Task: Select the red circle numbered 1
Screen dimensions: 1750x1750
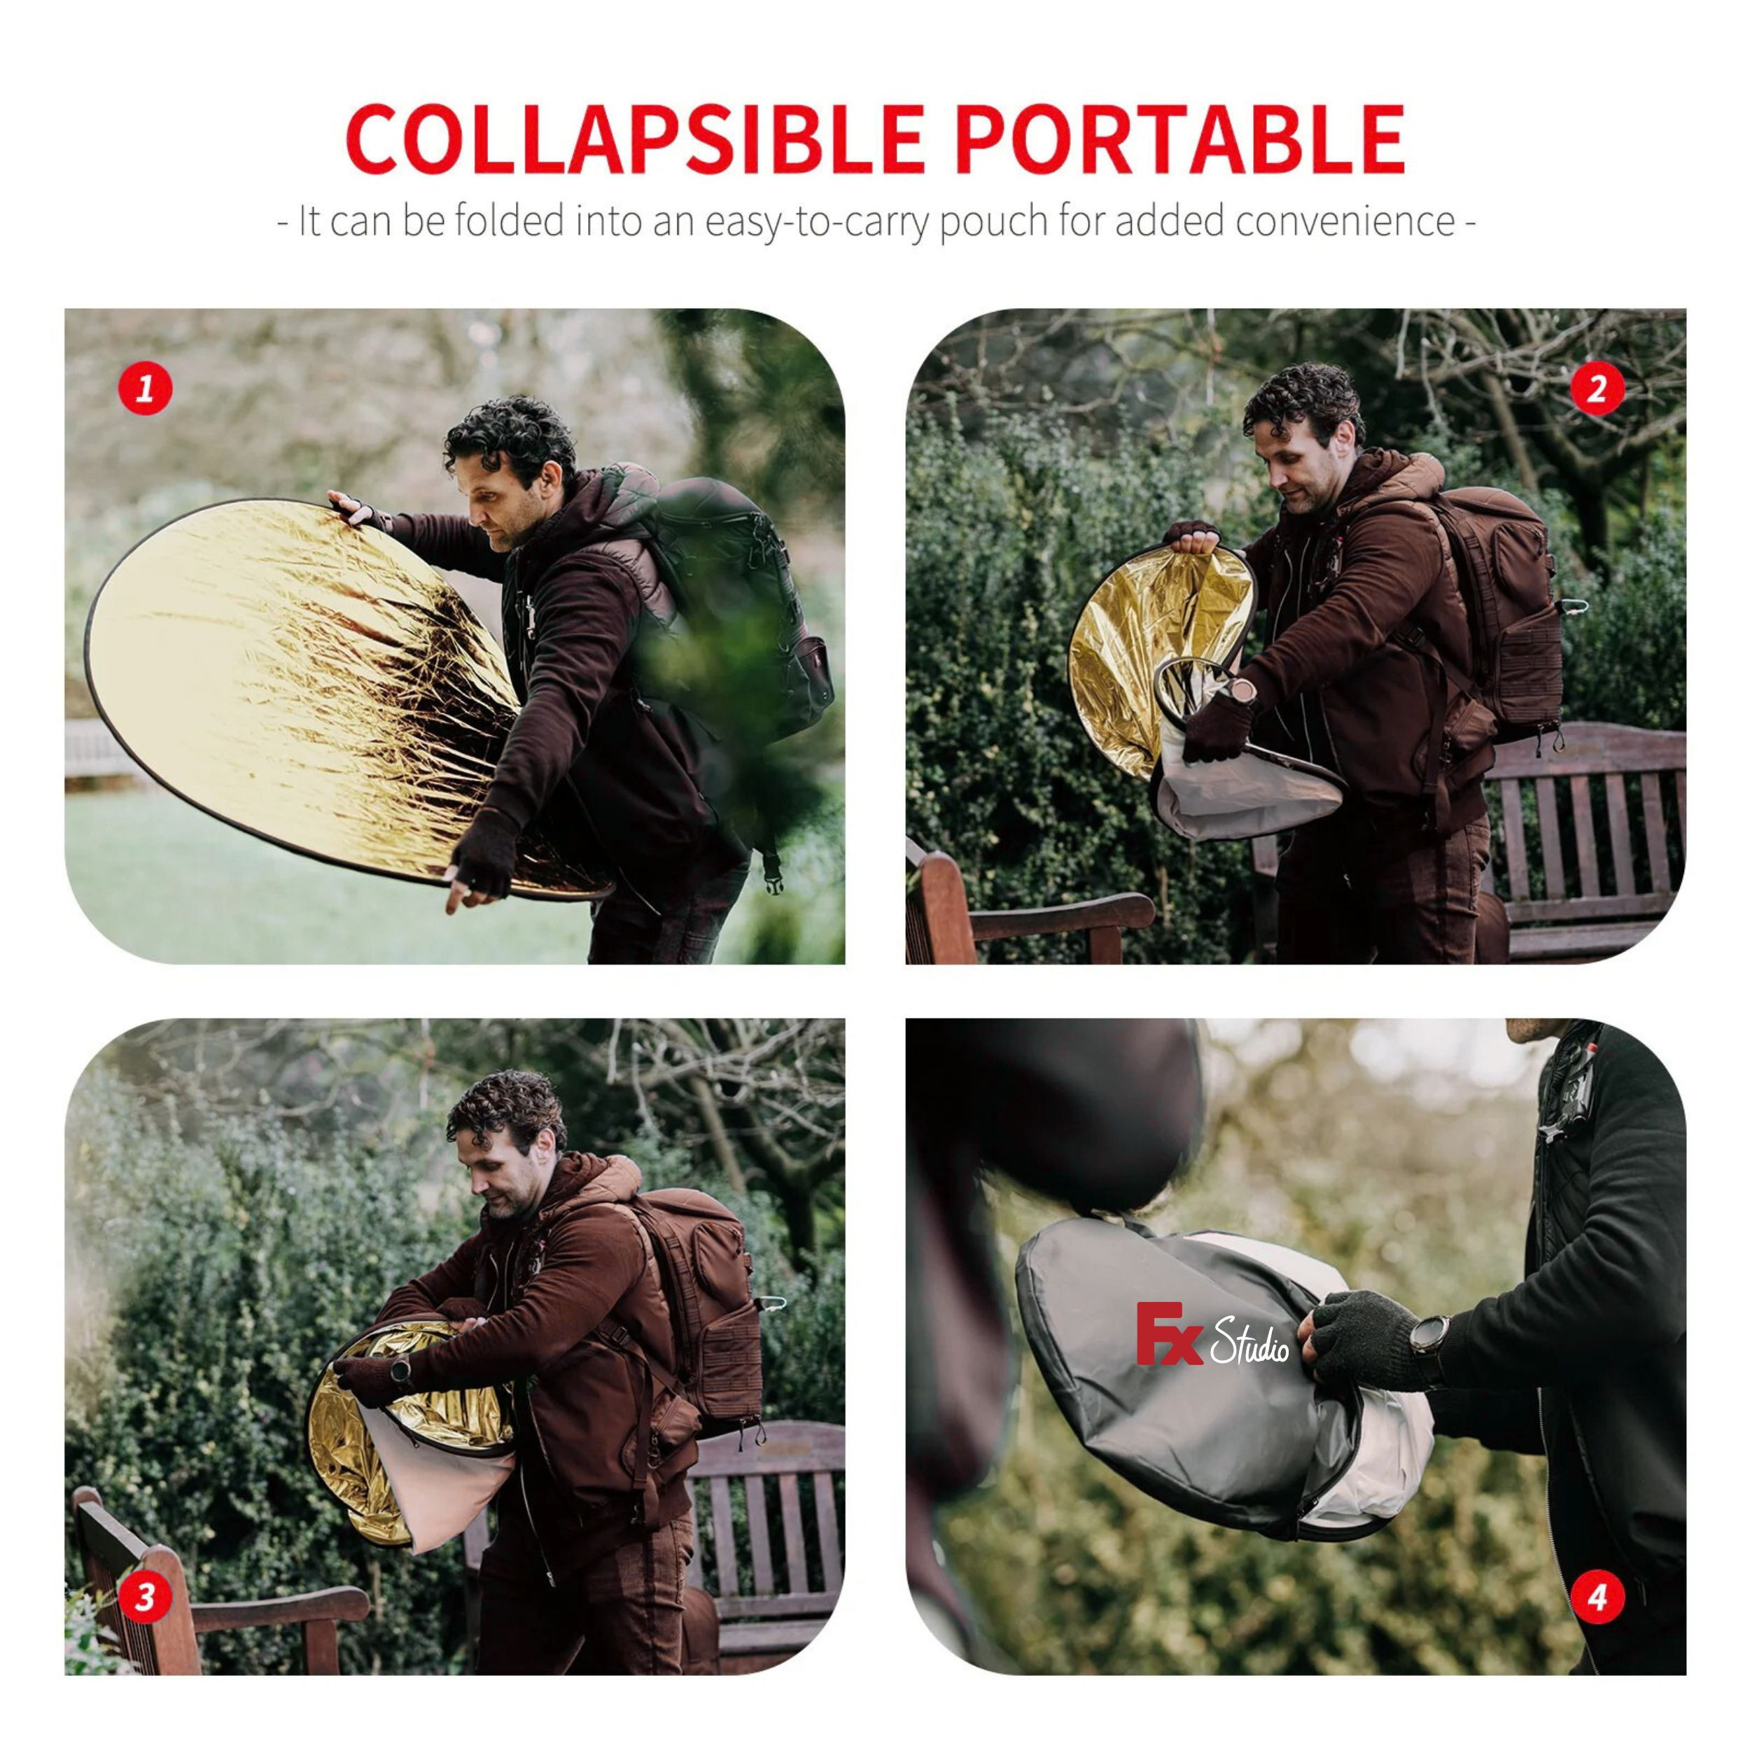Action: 145,389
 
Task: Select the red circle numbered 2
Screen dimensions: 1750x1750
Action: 1597,389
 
